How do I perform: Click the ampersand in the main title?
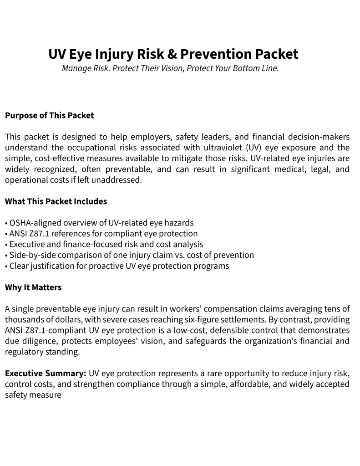pos(171,54)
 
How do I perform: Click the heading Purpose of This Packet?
pos(49,115)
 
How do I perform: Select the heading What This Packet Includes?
pos(56,201)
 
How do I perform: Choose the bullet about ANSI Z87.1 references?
pos(101,234)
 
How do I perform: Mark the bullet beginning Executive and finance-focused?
pos(104,244)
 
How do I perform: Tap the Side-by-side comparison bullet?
pos(129,255)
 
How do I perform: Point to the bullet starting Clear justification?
pos(117,266)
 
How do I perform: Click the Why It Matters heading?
pos(33,287)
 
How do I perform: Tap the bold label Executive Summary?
pos(46,374)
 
